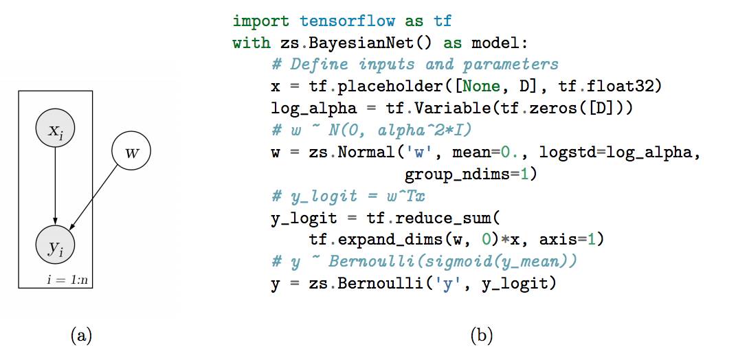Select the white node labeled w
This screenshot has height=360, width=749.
click(131, 151)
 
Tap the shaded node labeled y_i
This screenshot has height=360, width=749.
click(55, 246)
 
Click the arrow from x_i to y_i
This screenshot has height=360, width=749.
click(55, 185)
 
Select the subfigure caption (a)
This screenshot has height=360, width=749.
click(81, 335)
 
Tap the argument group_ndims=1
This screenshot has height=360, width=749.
click(470, 175)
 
